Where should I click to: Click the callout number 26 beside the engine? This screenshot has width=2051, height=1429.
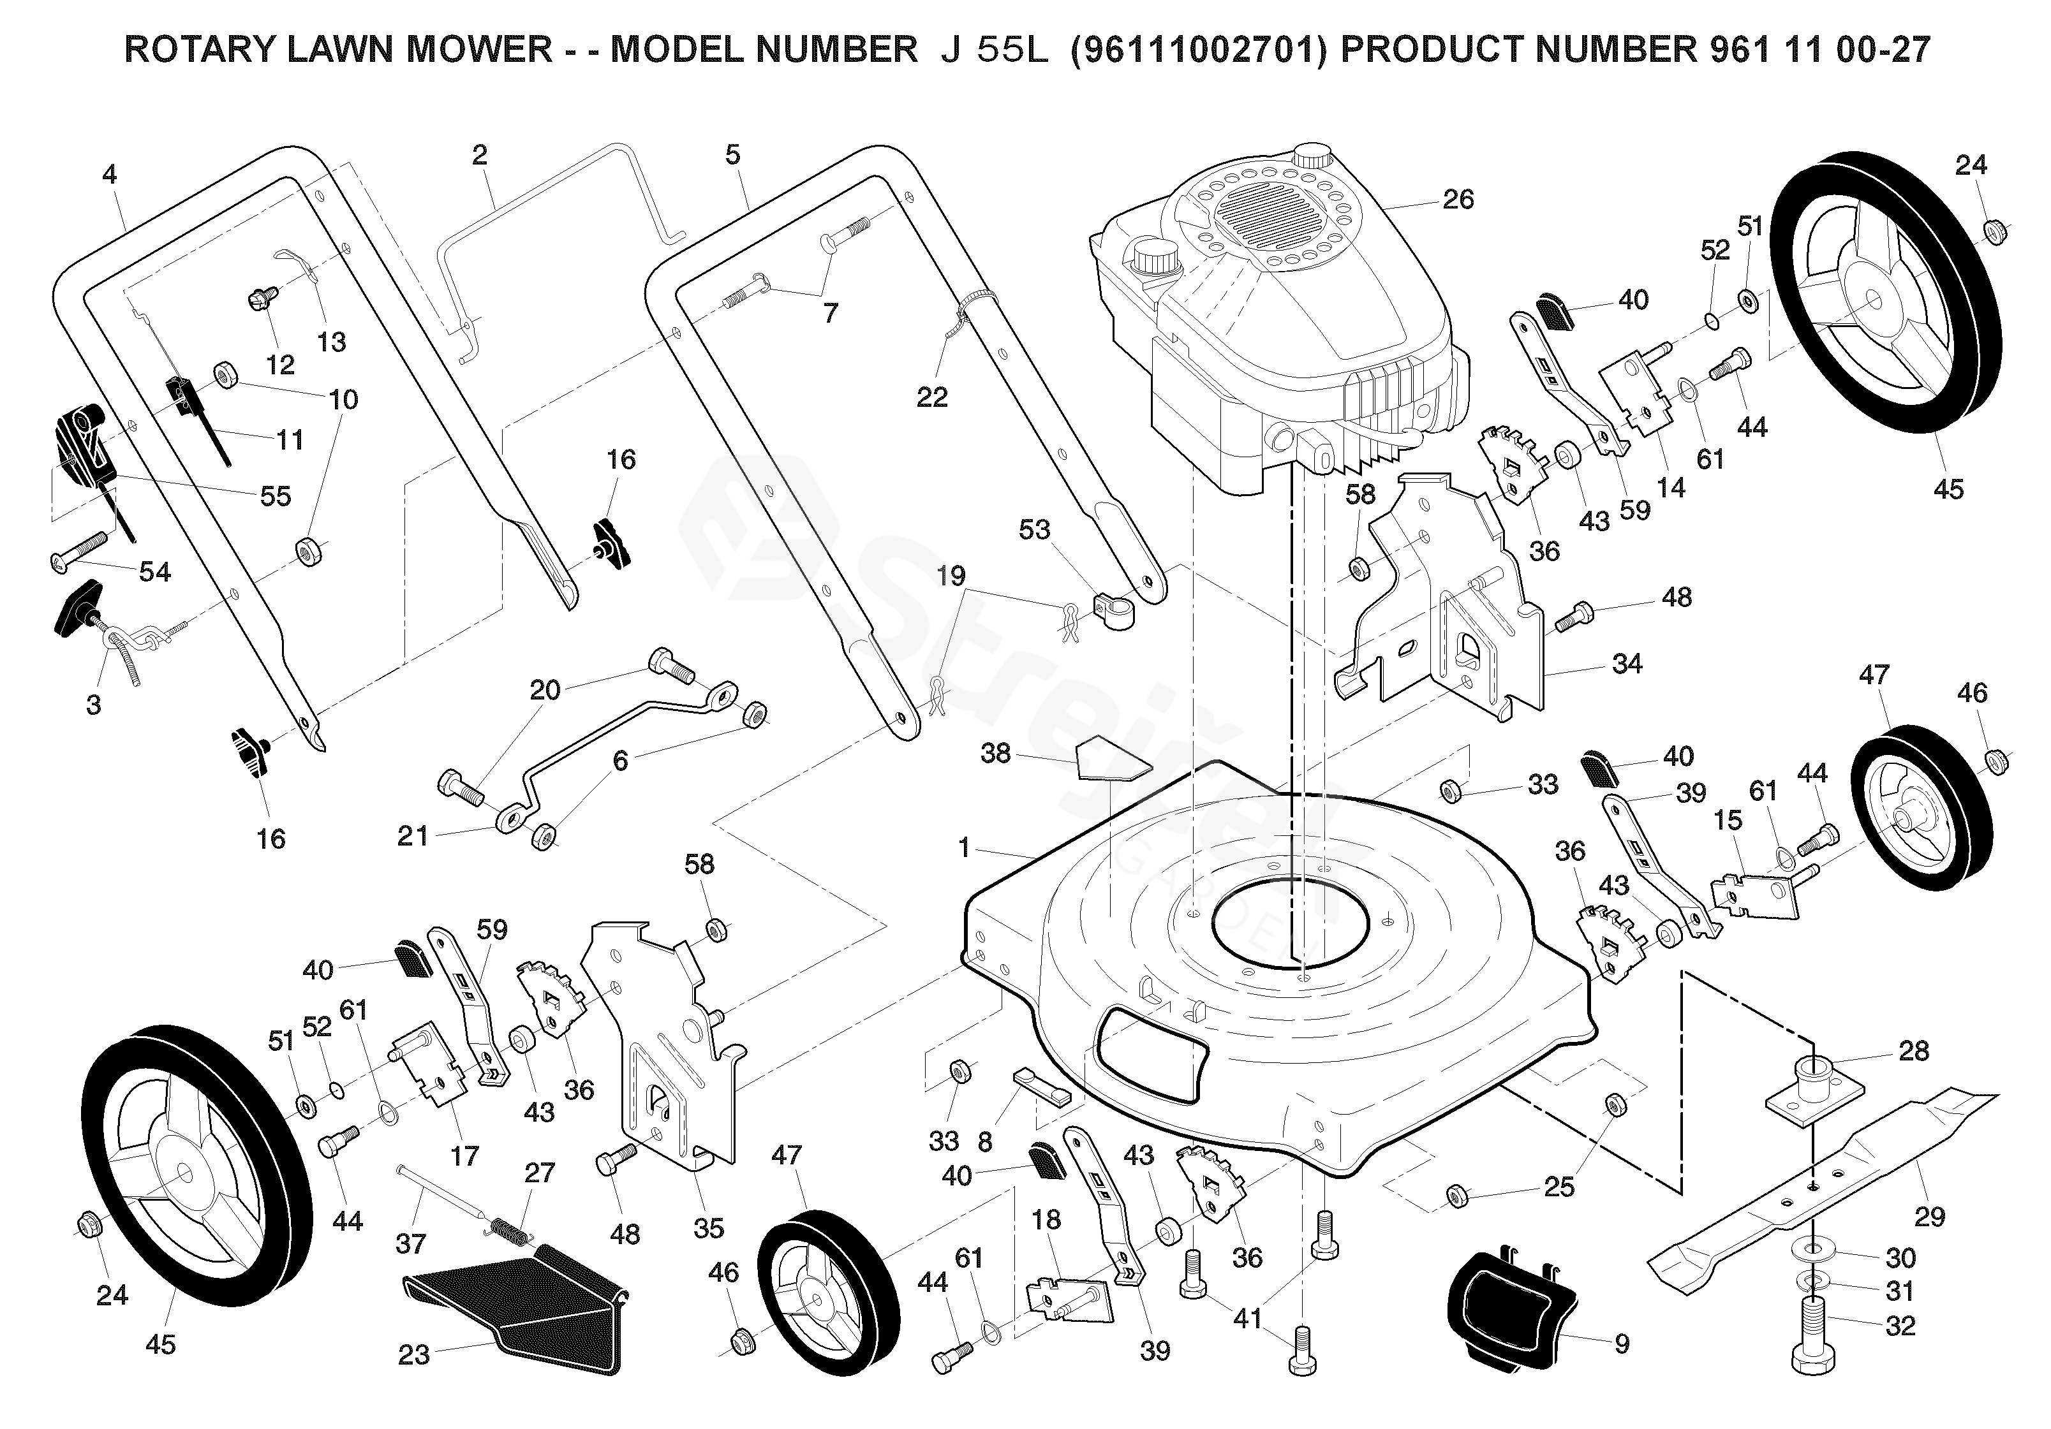click(x=1457, y=199)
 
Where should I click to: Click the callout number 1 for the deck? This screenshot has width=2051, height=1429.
click(x=963, y=847)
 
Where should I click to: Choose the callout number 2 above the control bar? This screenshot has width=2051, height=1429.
click(x=480, y=156)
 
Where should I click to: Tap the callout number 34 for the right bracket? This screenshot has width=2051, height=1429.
click(x=1627, y=664)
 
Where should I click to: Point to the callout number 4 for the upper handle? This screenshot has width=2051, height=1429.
click(x=109, y=173)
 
